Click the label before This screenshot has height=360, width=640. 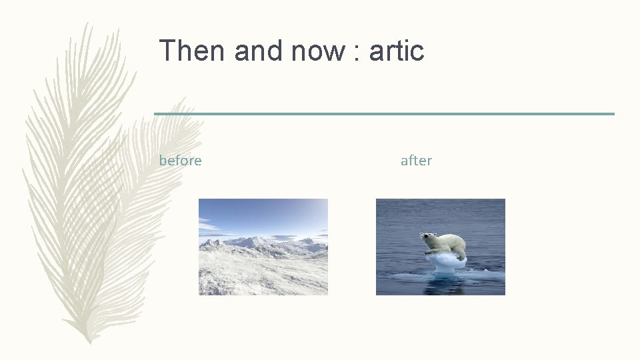180,161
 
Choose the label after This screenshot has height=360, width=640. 416,161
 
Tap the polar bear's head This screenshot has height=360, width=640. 426,238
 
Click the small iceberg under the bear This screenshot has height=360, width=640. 445,262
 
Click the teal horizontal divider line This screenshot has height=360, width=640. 384,114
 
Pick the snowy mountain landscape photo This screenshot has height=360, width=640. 263,247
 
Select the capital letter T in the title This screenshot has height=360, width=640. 166,51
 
